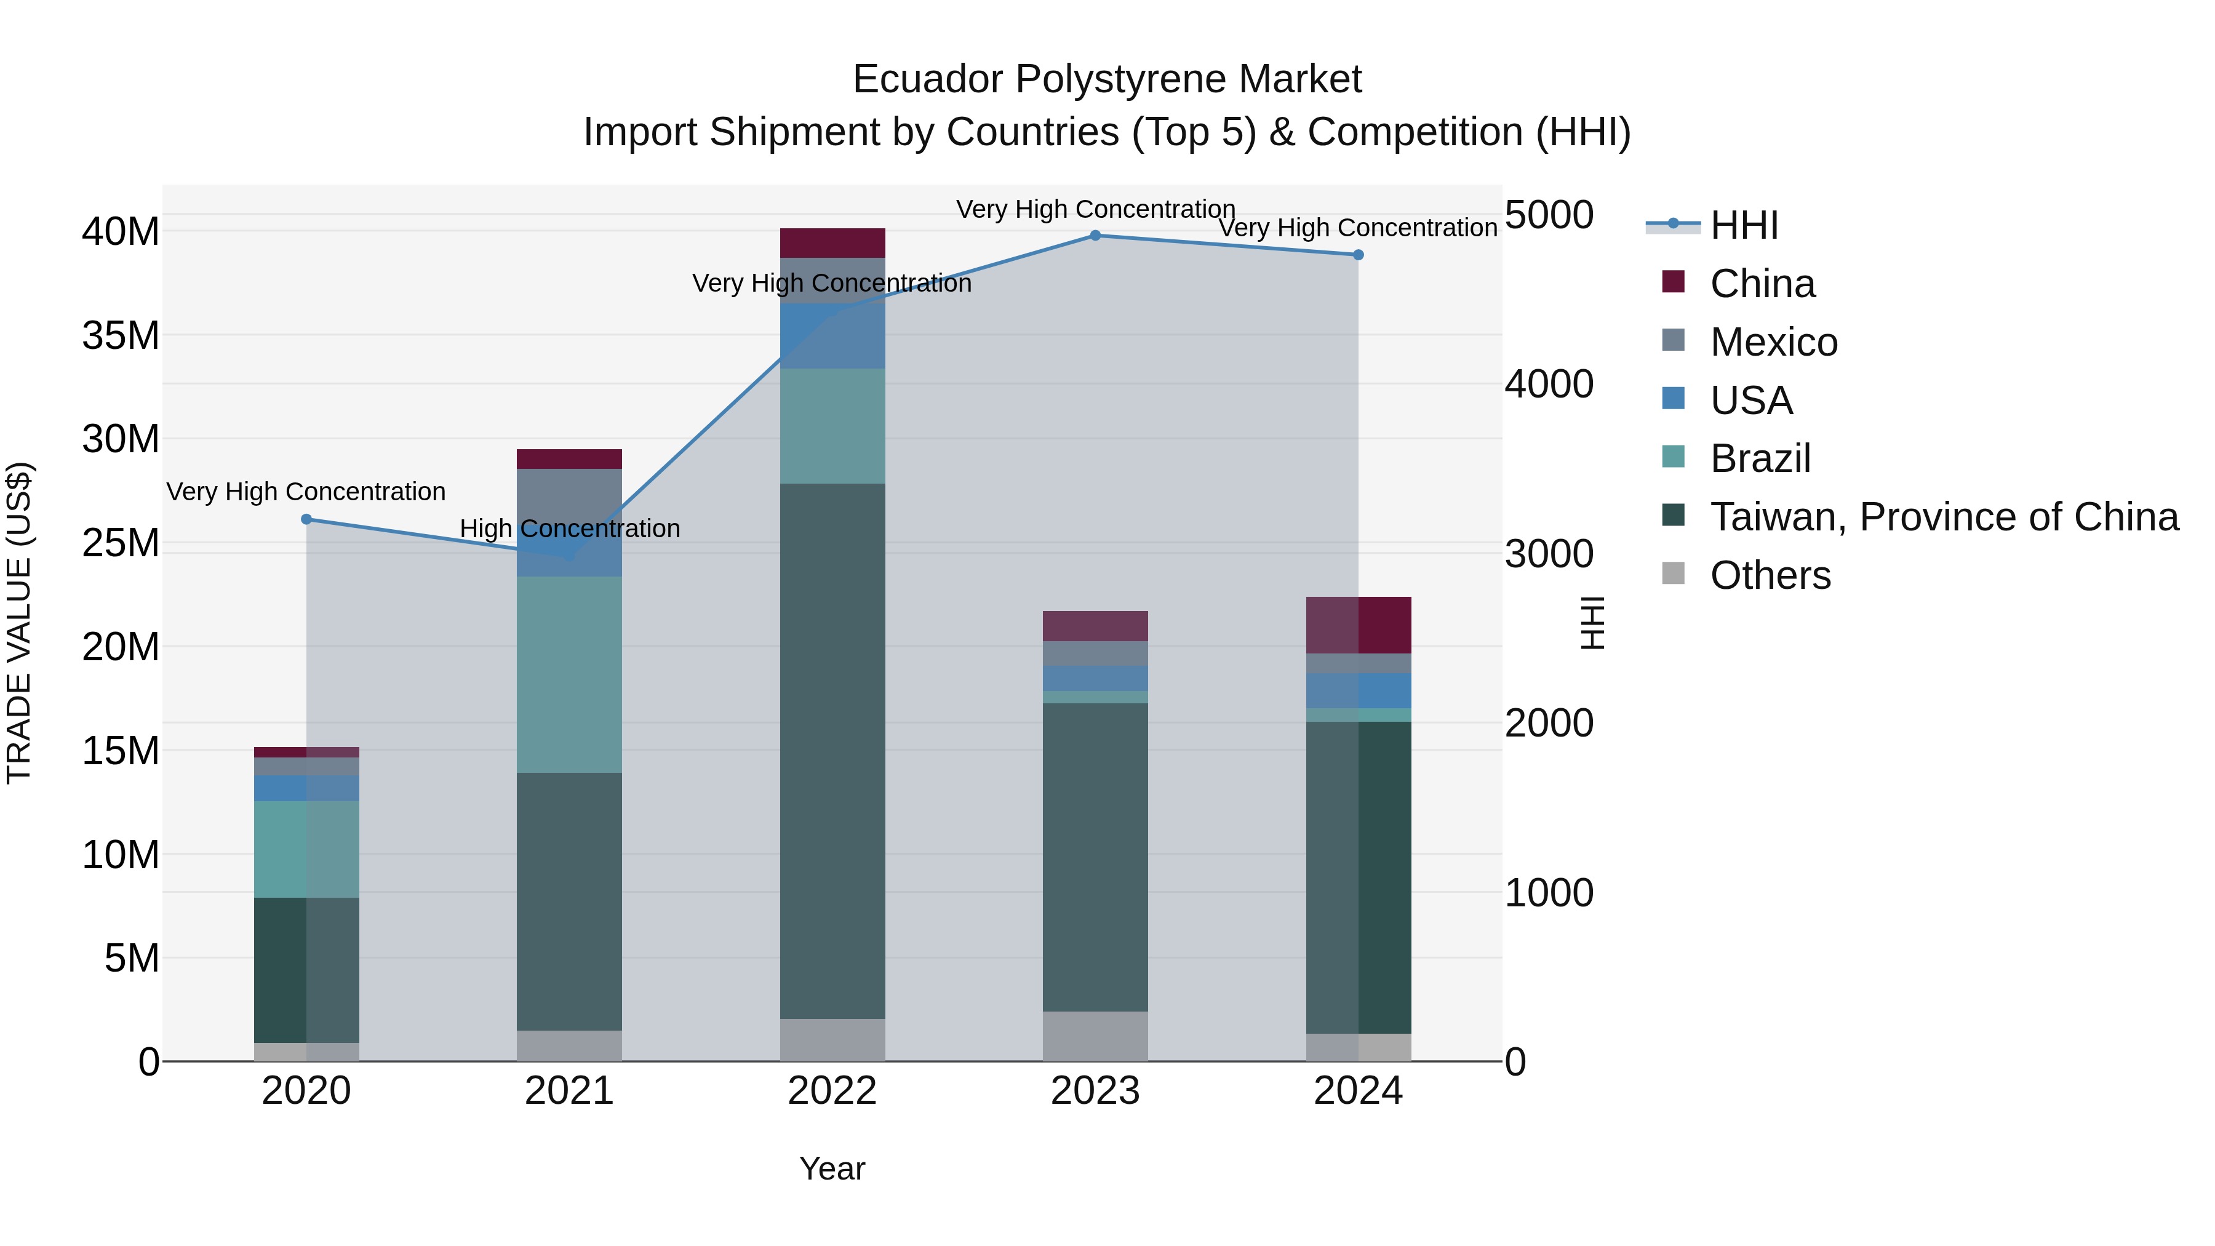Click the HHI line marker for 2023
click(1095, 236)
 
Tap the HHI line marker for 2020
click(307, 519)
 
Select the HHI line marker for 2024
click(1358, 255)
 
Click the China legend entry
click(1762, 284)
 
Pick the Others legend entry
click(1770, 575)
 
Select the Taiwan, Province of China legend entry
click(1943, 517)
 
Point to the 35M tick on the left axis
click(121, 335)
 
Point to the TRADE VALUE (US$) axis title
click(19, 623)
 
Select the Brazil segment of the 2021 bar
click(569, 674)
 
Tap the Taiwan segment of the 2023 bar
click(1095, 857)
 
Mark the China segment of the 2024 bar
click(1358, 625)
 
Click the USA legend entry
click(1750, 401)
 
